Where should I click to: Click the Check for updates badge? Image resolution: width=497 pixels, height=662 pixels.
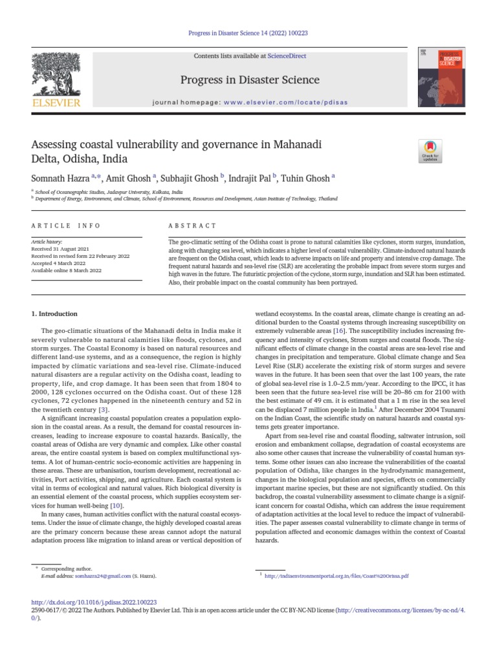click(x=430, y=150)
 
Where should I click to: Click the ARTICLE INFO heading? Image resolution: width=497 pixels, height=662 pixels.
click(x=66, y=226)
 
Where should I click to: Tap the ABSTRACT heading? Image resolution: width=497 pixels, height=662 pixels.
click(x=193, y=226)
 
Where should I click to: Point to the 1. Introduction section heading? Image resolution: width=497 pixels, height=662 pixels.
click(x=54, y=314)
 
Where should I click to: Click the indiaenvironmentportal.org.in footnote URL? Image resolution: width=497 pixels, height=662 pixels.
click(x=337, y=575)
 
